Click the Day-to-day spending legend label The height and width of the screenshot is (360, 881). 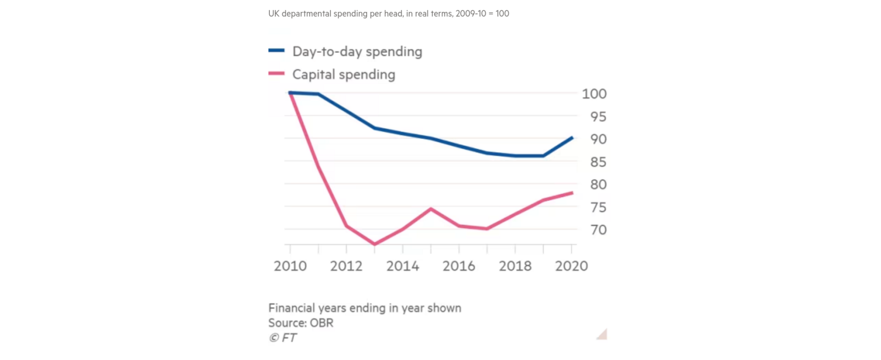point(357,52)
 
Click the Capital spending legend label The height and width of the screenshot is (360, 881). point(344,75)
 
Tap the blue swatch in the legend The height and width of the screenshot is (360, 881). point(276,51)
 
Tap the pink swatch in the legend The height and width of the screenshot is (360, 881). point(276,73)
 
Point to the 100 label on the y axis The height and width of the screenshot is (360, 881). point(594,94)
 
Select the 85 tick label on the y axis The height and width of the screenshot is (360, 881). point(598,162)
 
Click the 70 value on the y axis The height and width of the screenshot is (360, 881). point(598,230)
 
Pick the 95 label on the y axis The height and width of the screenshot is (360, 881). point(598,117)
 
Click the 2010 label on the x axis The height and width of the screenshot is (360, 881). point(290,266)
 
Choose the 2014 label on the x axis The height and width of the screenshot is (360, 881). point(403,266)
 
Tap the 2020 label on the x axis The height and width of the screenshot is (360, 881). point(572,266)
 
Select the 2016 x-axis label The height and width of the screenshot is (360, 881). point(459,266)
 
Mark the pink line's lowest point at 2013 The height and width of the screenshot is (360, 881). point(374,244)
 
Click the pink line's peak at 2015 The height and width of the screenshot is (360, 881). point(431,209)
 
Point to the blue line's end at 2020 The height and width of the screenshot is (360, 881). point(572,138)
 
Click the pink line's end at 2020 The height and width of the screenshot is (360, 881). point(572,193)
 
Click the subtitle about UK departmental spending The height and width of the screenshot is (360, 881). point(388,14)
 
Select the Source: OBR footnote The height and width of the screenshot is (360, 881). point(301,323)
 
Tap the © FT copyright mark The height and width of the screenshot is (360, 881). point(282,338)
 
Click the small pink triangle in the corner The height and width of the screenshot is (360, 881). point(602,335)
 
